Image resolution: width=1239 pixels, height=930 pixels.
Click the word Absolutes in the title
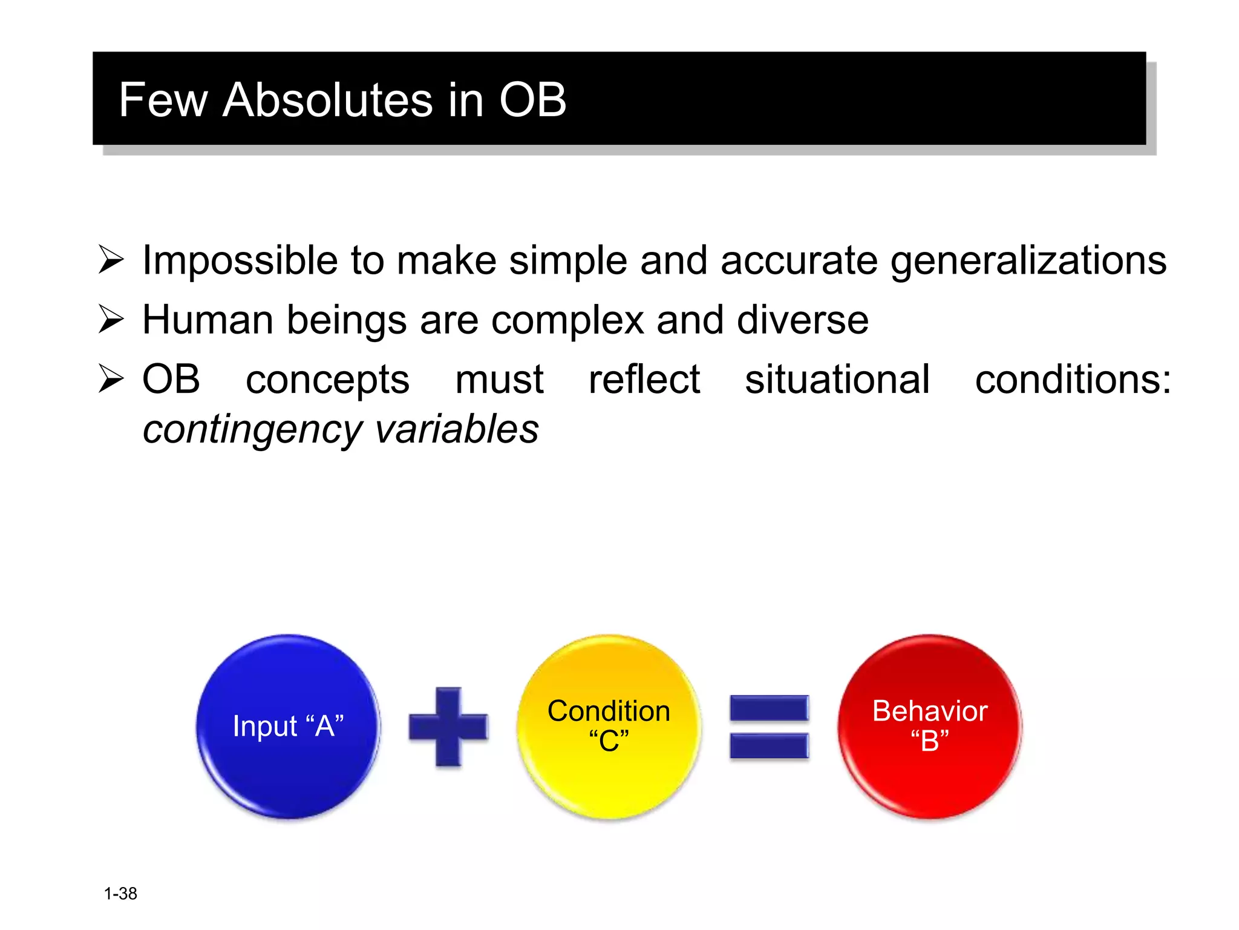(x=327, y=100)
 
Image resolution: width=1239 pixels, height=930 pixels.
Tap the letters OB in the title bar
(x=532, y=100)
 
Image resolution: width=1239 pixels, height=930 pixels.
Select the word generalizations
(x=1028, y=262)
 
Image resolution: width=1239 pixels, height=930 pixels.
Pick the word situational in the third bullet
(x=837, y=380)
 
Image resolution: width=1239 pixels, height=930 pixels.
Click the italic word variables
(x=456, y=429)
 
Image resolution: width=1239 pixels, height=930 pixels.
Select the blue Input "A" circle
(x=288, y=726)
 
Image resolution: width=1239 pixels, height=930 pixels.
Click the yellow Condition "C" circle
(x=609, y=726)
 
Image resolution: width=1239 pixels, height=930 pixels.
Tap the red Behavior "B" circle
(x=929, y=726)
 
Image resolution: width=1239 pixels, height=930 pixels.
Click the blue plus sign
(x=448, y=727)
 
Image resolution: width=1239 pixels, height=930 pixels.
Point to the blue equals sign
(x=769, y=727)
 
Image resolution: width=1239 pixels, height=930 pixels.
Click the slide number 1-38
(x=120, y=894)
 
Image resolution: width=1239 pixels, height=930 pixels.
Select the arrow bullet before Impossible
(x=111, y=260)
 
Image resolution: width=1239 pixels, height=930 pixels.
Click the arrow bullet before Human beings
(x=111, y=320)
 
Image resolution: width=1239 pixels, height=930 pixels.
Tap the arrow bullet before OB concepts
(x=111, y=380)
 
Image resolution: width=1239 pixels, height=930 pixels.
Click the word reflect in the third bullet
(x=644, y=380)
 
